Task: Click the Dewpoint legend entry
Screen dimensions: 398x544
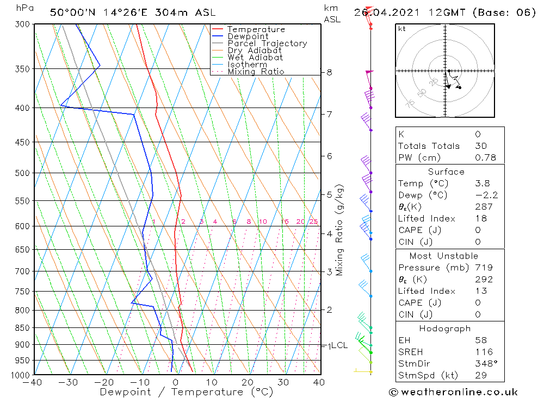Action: pyautogui.click(x=248, y=36)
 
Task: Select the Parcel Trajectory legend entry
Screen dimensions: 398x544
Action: pyautogui.click(x=267, y=43)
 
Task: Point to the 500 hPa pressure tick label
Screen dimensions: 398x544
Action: pyautogui.click(x=23, y=173)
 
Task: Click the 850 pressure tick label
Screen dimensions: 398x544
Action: pyautogui.click(x=23, y=328)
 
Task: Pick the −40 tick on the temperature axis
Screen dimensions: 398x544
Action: pyautogui.click(x=34, y=382)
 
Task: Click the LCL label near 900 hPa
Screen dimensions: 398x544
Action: pyautogui.click(x=339, y=345)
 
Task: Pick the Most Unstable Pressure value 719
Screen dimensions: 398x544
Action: pyautogui.click(x=483, y=268)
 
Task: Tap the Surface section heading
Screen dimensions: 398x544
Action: pyautogui.click(x=446, y=172)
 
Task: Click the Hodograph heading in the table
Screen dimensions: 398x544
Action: pyautogui.click(x=445, y=329)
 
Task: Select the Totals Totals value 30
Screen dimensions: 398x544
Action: pyautogui.click(x=480, y=146)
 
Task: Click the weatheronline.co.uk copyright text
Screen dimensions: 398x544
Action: pyautogui.click(x=453, y=392)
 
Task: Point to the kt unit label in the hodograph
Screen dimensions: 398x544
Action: pyautogui.click(x=402, y=29)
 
